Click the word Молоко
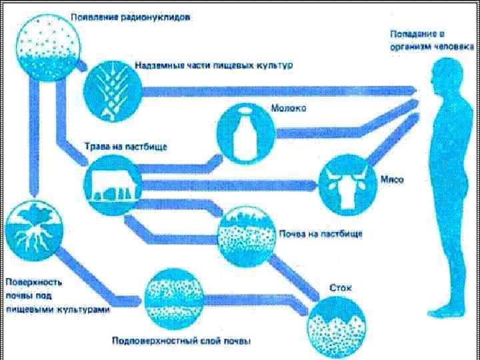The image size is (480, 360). (x=288, y=109)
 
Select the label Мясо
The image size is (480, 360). (x=391, y=180)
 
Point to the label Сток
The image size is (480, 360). (x=341, y=289)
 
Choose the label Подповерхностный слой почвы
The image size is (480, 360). (x=190, y=341)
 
